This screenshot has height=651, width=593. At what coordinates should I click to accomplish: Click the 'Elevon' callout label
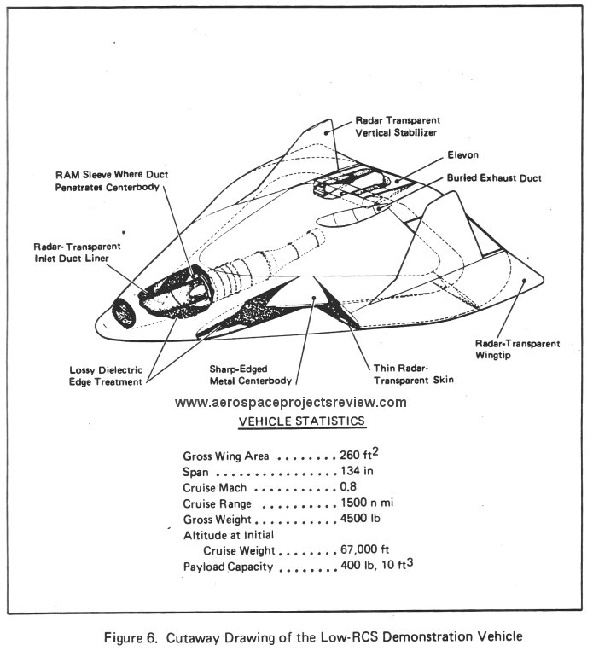[x=463, y=155]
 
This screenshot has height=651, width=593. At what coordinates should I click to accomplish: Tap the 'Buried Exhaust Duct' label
[x=494, y=178]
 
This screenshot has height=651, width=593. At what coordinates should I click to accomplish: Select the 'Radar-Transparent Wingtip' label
[x=517, y=349]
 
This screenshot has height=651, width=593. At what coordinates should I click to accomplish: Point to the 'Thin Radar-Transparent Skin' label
[x=414, y=374]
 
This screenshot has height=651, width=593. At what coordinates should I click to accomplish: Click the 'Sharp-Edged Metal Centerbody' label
[x=250, y=375]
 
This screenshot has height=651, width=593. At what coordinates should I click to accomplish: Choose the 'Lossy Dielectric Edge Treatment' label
[x=106, y=375]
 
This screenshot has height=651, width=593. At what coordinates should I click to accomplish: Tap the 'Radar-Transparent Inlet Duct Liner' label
[x=78, y=253]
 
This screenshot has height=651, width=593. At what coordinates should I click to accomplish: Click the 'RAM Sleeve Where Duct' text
[x=112, y=174]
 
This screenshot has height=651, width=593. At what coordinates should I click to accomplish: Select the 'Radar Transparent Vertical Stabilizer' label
[x=398, y=126]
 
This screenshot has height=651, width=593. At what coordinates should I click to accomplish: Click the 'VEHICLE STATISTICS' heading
[x=302, y=421]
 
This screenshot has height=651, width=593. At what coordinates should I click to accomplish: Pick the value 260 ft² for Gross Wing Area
[x=359, y=454]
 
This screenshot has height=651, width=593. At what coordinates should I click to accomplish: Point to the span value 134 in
[x=357, y=471]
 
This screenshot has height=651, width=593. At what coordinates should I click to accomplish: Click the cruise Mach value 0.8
[x=348, y=486]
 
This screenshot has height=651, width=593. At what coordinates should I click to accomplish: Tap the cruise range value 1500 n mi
[x=367, y=503]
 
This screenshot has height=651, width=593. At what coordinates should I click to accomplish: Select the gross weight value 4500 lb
[x=360, y=519]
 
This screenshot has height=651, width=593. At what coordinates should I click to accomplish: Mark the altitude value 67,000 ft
[x=364, y=549]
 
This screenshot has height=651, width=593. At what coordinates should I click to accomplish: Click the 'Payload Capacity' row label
[x=228, y=567]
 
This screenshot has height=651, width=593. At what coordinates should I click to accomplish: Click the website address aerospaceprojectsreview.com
[x=291, y=403]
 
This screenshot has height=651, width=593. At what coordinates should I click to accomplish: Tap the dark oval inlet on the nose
[x=124, y=313]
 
